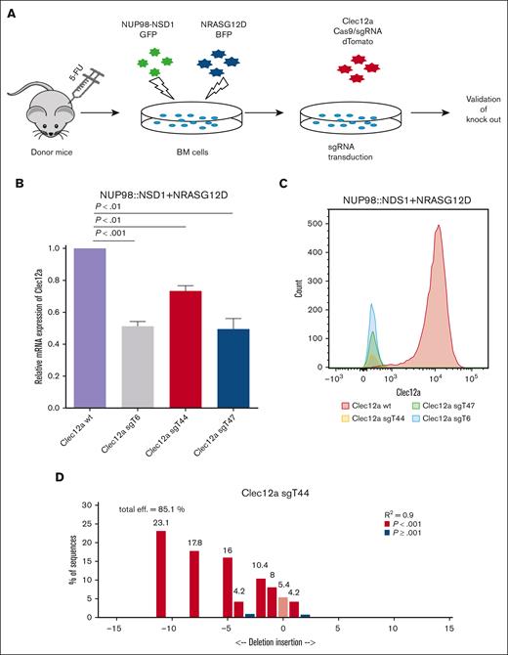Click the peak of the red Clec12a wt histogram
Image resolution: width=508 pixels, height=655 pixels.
(439, 227)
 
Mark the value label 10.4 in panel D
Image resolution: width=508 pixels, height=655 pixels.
(260, 566)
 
